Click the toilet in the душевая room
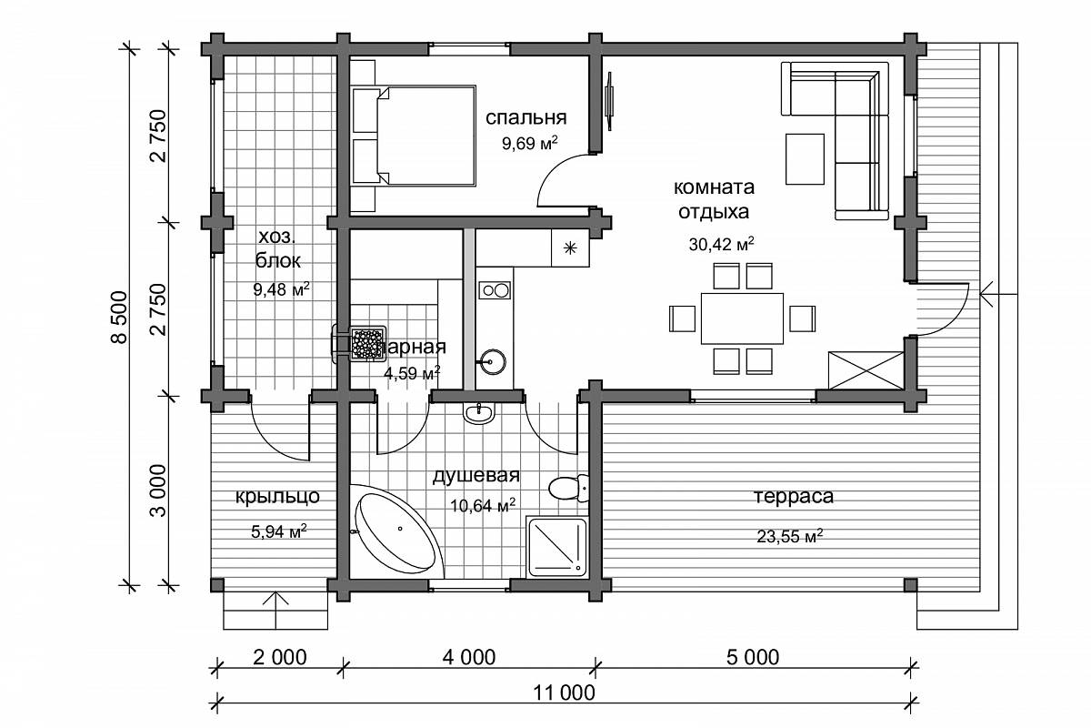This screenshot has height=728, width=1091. [x=568, y=488]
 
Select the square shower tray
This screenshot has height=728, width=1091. [x=556, y=547]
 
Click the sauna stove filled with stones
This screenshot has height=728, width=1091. [x=367, y=344]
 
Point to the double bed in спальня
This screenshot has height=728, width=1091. [x=413, y=136]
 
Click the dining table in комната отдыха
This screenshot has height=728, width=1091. [x=742, y=318]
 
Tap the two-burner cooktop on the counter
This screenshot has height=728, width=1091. [x=495, y=291]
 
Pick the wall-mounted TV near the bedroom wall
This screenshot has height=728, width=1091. [x=609, y=101]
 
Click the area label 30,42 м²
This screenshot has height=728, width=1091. [x=721, y=244]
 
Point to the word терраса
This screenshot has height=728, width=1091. [x=794, y=496]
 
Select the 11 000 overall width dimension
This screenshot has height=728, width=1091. [x=564, y=693]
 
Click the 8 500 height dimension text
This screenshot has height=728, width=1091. [x=119, y=318]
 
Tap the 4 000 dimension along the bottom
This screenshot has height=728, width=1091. [x=468, y=657]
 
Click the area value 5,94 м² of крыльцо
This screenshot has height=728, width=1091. [x=278, y=531]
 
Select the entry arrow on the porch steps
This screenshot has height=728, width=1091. [x=275, y=610]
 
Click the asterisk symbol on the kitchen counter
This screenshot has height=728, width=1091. [x=570, y=248]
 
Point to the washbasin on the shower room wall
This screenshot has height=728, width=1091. [x=479, y=413]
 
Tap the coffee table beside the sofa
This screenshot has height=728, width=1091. [x=805, y=159]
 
